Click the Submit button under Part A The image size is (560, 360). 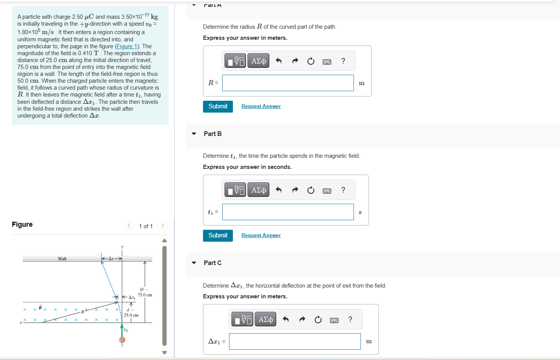coord(218,106)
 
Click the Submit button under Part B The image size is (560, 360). coord(218,236)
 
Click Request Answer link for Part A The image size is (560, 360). coord(261,106)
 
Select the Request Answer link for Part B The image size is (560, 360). coord(261,236)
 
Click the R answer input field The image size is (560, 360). coord(288,83)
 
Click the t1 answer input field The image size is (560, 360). coord(288,212)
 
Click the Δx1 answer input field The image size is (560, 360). coord(295,341)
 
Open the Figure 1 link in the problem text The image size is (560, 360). coord(127,46)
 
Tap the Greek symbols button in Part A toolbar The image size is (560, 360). coord(259,61)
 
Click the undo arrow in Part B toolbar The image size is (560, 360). coord(278,190)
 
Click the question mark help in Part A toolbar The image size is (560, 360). coord(343,61)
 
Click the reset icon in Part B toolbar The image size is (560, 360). coord(311,190)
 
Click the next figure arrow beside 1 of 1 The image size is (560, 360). coord(162,226)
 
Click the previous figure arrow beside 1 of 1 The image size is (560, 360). coord(129,226)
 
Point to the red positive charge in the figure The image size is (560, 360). coord(122,339)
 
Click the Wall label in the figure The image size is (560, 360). coord(62,259)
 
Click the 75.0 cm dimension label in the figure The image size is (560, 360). coord(145,295)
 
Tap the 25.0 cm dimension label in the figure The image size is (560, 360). coord(131,315)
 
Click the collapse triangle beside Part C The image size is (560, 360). coord(194,263)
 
